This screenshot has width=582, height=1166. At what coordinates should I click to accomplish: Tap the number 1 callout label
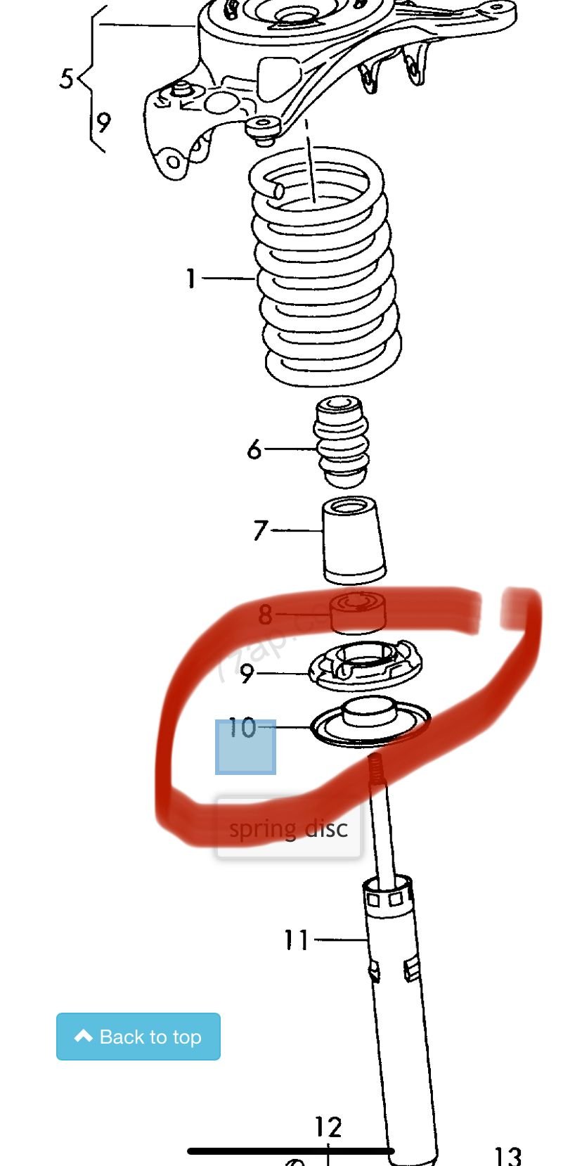190,278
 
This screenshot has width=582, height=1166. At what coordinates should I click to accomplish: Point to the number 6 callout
254,449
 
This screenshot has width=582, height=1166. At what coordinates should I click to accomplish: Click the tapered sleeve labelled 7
353,540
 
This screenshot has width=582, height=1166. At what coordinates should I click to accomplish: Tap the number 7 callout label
261,530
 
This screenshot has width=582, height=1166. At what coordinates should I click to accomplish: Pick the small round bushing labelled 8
358,612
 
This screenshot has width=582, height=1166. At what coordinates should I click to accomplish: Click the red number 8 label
265,615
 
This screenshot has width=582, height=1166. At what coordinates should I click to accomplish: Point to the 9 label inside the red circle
246,674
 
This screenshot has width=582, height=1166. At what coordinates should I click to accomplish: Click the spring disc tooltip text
288,829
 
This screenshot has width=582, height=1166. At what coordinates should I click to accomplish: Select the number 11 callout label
296,940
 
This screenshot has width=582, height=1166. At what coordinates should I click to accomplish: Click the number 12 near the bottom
328,1127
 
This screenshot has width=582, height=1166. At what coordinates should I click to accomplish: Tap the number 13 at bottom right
507,1155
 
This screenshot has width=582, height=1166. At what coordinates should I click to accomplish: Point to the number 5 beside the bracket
66,79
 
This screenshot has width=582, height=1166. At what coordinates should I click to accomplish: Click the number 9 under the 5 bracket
103,123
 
